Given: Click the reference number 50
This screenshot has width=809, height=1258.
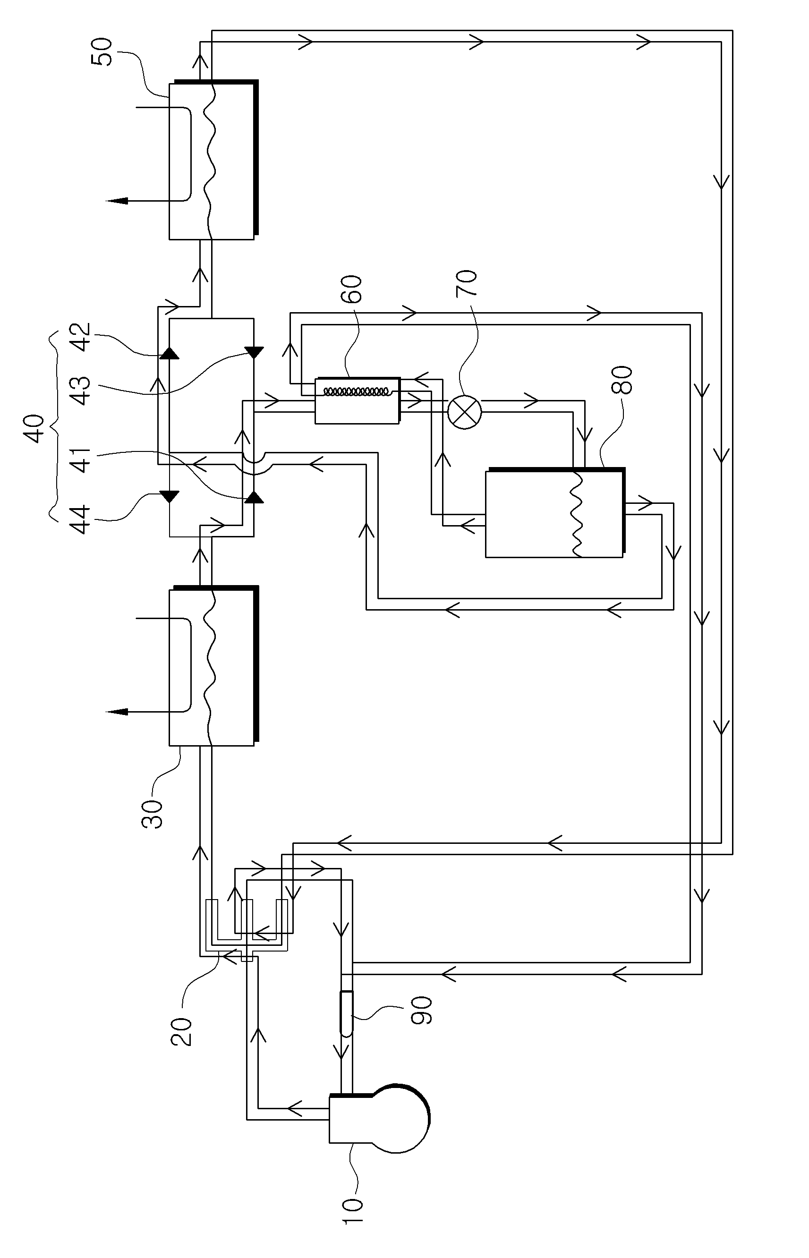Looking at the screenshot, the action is pos(102,51).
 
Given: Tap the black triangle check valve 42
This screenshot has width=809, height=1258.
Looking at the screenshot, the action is pos(169,352).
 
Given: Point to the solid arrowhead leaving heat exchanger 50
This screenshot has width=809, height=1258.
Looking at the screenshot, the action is pos(117,201).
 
